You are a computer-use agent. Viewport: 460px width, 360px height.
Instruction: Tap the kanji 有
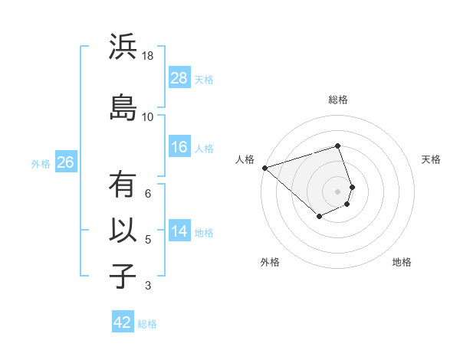[122, 186]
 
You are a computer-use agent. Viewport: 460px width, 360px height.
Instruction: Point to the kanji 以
[122, 231]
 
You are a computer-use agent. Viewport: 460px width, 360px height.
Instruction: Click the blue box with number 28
[179, 77]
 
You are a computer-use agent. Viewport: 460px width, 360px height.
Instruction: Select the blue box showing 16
[179, 147]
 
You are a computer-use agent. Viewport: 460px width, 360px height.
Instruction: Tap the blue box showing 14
[179, 231]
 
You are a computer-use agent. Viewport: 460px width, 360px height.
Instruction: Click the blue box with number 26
[65, 162]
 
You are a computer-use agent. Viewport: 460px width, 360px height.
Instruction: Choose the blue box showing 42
[123, 322]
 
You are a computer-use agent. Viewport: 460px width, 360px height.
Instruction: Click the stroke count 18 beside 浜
[147, 57]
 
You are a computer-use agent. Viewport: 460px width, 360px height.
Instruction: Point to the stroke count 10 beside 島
[147, 116]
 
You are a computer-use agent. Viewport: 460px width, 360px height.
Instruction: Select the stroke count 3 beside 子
[148, 286]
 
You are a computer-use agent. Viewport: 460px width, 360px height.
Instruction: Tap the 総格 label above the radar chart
[337, 100]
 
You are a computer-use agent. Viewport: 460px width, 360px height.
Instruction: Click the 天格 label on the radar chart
[431, 159]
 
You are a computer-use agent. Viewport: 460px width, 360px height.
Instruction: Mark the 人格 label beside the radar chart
[245, 159]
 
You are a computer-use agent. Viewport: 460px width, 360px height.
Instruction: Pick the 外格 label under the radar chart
[270, 262]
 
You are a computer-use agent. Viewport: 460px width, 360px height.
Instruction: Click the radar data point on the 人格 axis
[264, 168]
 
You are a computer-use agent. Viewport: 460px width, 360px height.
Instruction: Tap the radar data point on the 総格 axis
[337, 146]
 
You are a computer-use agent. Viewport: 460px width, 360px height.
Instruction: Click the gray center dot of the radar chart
[337, 191]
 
